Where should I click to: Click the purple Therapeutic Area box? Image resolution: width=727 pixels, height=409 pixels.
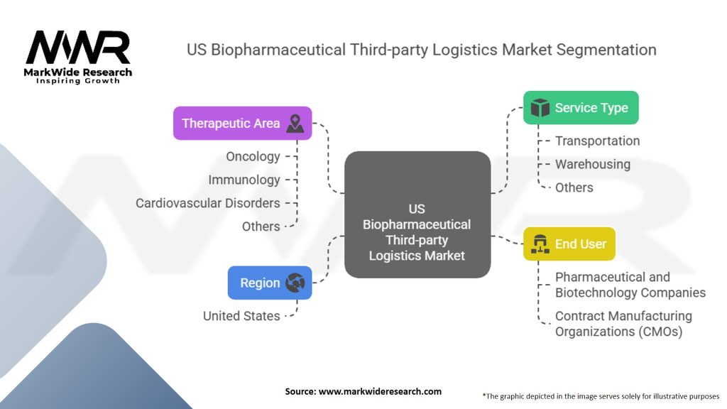[x=242, y=124]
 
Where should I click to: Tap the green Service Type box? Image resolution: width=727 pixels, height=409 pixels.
[x=580, y=108]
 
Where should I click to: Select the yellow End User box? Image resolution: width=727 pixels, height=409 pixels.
[x=569, y=244]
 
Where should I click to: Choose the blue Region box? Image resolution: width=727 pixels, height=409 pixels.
[x=269, y=283]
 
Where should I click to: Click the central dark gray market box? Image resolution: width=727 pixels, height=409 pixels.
[x=417, y=214]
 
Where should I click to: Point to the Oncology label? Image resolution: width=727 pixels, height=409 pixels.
[x=253, y=156]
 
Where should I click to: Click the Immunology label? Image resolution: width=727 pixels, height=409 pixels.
[x=244, y=180]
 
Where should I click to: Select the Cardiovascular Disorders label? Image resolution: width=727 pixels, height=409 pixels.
[x=208, y=203]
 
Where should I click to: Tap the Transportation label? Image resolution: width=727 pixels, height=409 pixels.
[x=597, y=141]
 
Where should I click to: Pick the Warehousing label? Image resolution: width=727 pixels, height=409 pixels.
[x=592, y=164]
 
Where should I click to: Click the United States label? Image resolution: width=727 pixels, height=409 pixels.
[x=241, y=316]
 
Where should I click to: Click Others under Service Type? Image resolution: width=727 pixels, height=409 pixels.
[x=574, y=187]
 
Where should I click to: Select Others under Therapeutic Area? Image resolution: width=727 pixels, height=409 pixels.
[x=261, y=227]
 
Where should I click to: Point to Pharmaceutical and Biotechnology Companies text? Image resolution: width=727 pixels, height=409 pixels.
[x=630, y=285]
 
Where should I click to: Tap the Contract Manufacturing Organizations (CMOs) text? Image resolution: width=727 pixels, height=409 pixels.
[x=623, y=323]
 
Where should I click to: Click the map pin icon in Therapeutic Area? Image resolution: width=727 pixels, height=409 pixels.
[x=295, y=124]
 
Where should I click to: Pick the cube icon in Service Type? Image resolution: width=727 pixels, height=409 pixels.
[x=540, y=108]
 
